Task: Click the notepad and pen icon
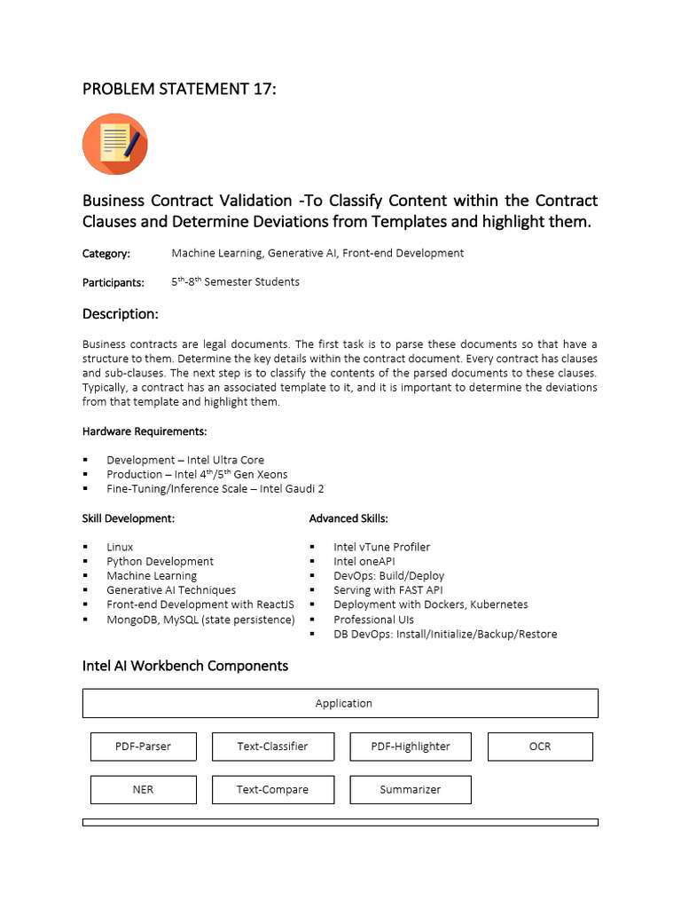(115, 144)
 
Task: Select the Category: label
(106, 254)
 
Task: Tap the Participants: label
(113, 282)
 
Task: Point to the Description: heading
(121, 314)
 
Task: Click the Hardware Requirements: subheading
(145, 431)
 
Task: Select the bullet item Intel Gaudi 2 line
(215, 488)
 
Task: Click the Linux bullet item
(120, 547)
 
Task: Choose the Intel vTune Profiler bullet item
(381, 547)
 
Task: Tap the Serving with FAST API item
(387, 589)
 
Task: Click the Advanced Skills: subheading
(348, 518)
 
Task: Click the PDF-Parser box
(143, 747)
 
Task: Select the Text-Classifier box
(272, 747)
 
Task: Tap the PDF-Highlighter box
(411, 747)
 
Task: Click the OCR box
(540, 747)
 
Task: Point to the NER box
(143, 789)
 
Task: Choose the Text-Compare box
(272, 789)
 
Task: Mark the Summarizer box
(411, 789)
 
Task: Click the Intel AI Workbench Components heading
(185, 666)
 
